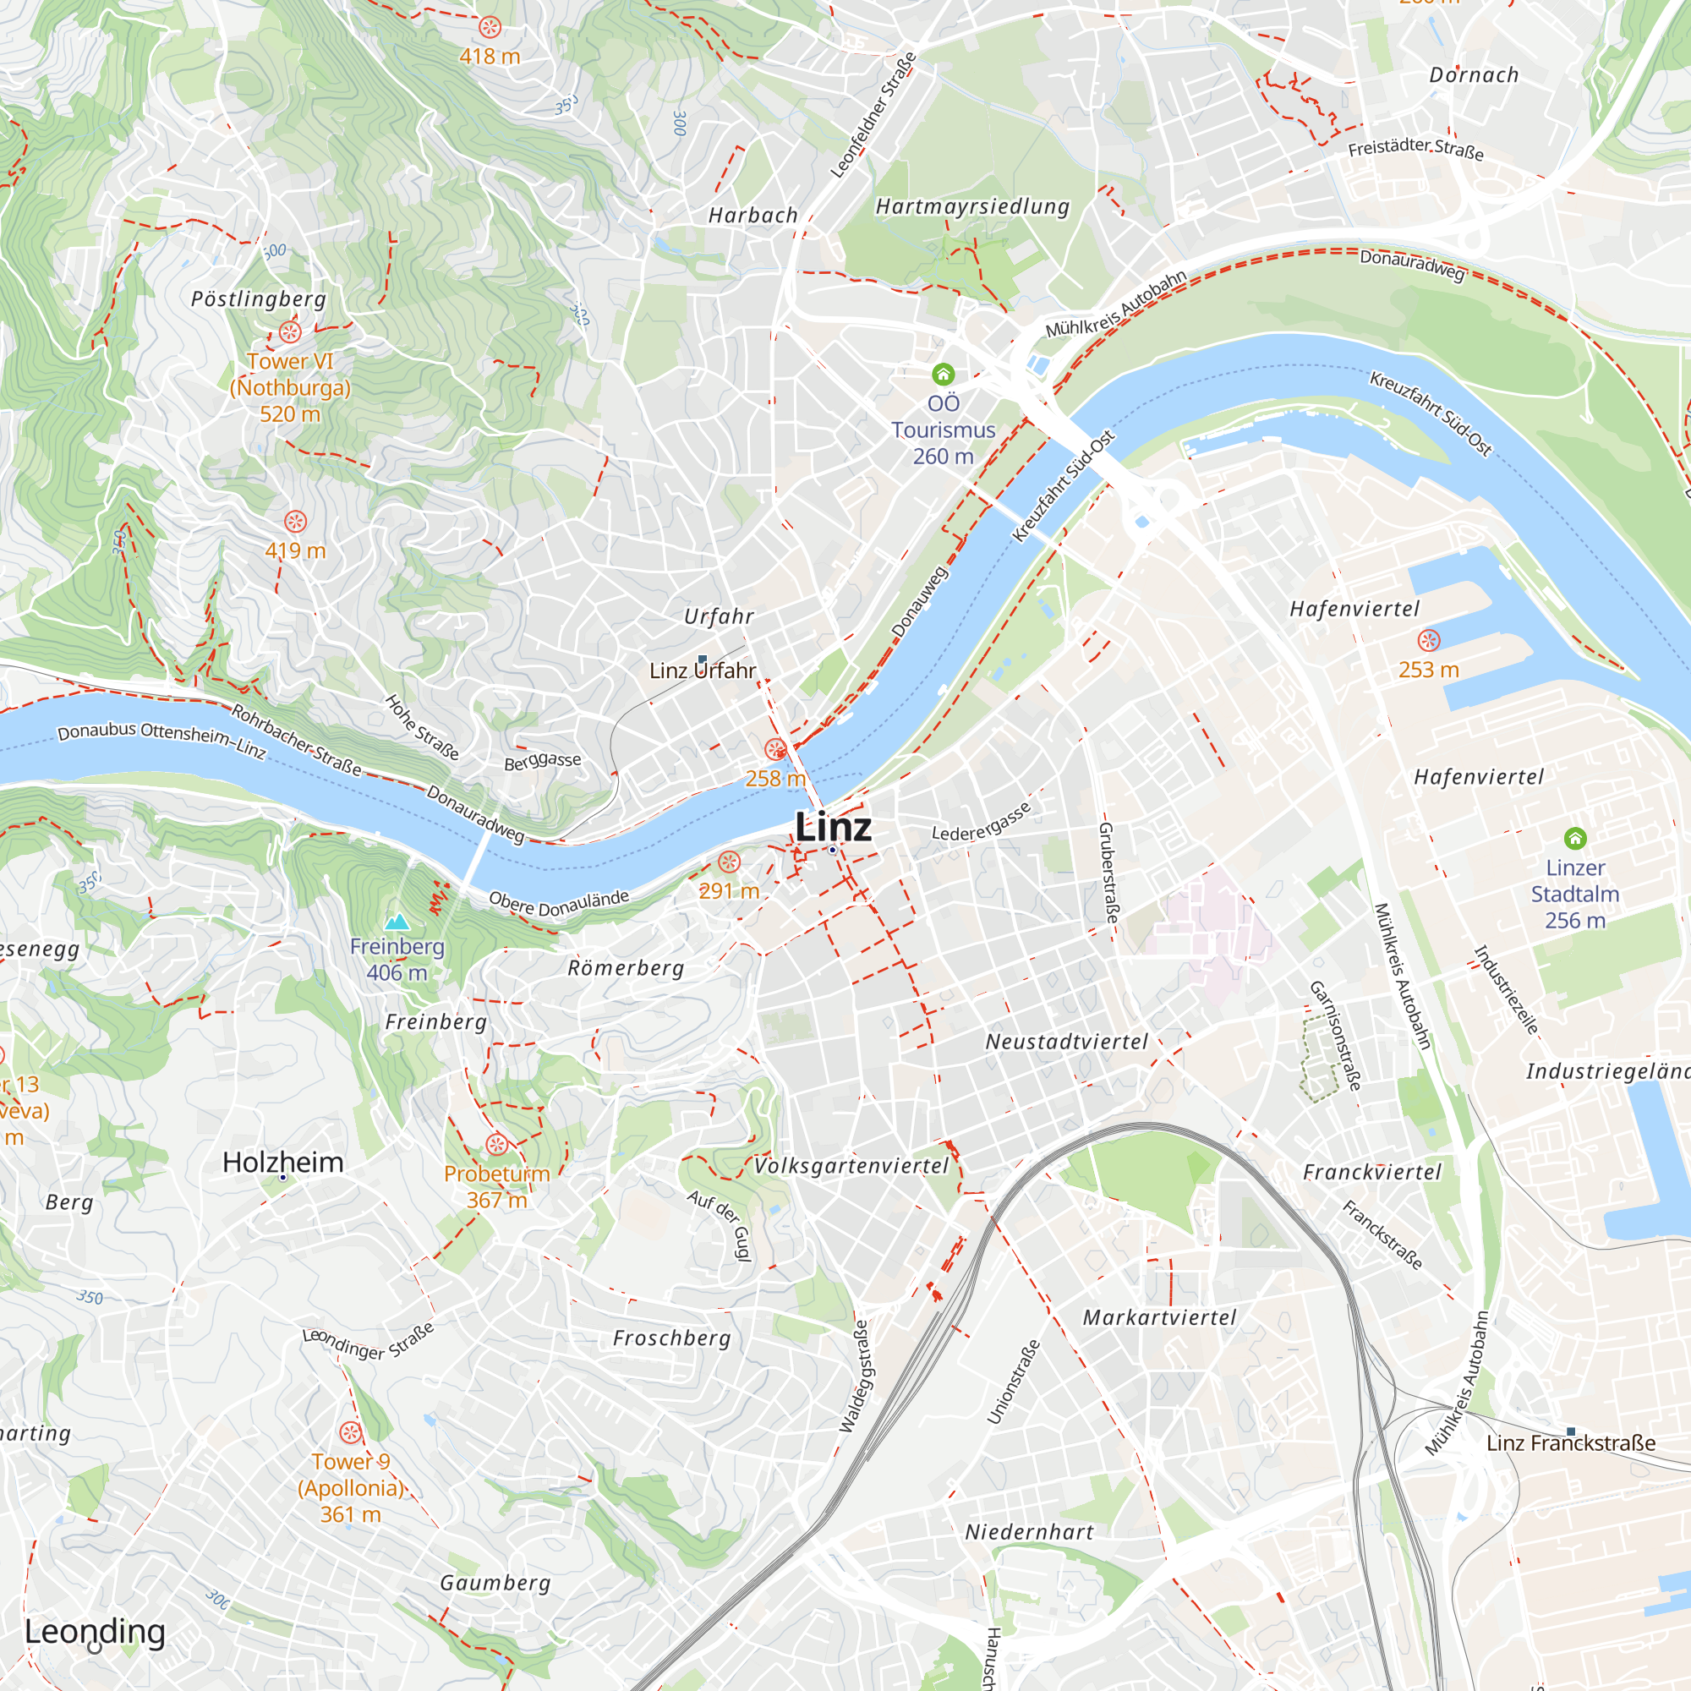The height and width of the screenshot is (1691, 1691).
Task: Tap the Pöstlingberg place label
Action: point(258,299)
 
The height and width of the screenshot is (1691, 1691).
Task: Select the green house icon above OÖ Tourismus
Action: point(943,375)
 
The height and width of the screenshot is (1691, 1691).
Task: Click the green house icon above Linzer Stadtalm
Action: point(1574,839)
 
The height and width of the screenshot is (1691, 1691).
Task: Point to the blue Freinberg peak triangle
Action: point(397,922)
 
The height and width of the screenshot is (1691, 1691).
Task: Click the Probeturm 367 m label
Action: point(496,1186)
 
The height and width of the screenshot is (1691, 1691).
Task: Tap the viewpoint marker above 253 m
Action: point(1428,641)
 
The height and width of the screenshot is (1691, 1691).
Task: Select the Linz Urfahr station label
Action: point(702,670)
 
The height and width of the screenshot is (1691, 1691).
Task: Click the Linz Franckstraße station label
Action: point(1570,1442)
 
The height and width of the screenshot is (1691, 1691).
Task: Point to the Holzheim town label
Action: point(282,1163)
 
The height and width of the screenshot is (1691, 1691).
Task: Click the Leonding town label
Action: point(95,1632)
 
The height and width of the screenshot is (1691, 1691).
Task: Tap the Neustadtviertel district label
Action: point(1066,1042)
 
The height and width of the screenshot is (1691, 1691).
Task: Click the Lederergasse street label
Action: point(980,823)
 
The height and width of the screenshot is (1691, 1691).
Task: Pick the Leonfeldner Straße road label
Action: point(873,116)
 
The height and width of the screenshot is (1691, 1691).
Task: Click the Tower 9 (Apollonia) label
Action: point(350,1488)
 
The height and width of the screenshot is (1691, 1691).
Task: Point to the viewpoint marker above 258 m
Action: point(774,749)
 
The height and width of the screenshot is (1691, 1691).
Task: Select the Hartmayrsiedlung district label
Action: point(972,206)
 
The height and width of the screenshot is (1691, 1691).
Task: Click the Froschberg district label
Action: point(671,1338)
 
